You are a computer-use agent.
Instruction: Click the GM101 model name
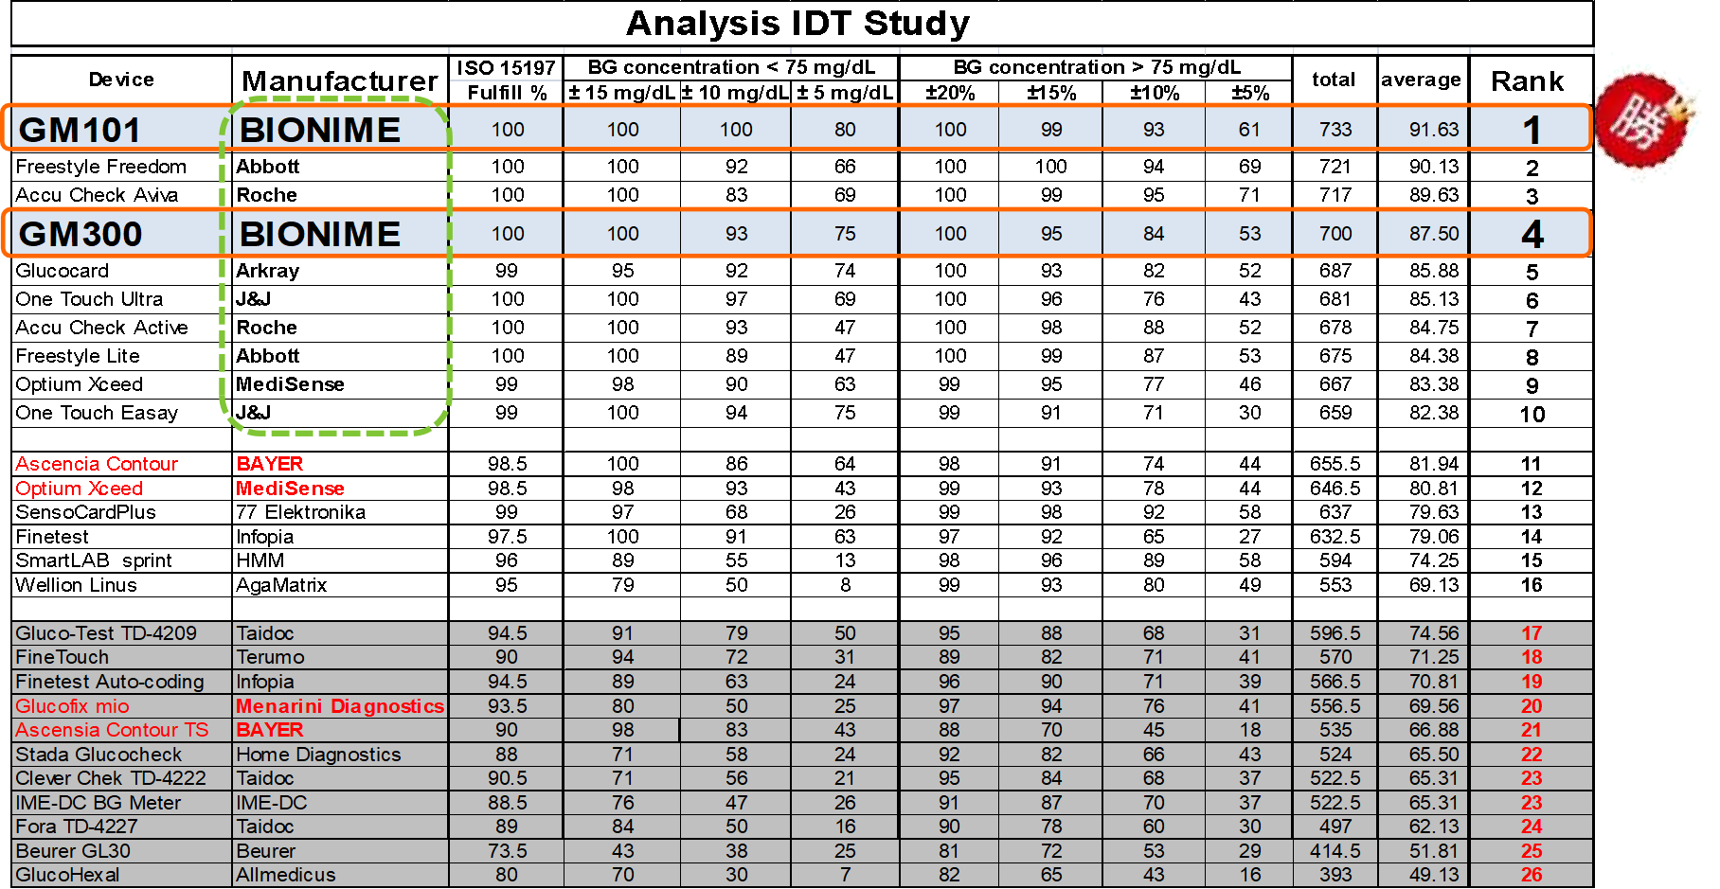(x=81, y=130)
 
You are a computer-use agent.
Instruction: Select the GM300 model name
(x=81, y=234)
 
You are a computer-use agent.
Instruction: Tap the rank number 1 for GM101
(x=1532, y=130)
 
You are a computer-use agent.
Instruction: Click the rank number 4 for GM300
(x=1532, y=234)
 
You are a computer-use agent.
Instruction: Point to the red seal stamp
(x=1646, y=121)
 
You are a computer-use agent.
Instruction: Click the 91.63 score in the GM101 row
(x=1433, y=130)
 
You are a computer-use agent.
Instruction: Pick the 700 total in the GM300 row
(x=1335, y=234)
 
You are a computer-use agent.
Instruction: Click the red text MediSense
(x=290, y=489)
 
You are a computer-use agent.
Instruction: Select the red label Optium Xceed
(x=80, y=489)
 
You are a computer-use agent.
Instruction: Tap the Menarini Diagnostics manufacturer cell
(x=340, y=706)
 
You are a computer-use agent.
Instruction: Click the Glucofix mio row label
(x=72, y=706)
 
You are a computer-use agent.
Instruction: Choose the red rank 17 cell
(x=1532, y=633)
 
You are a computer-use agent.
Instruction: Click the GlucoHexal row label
(x=67, y=875)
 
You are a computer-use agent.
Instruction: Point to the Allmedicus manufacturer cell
(x=286, y=875)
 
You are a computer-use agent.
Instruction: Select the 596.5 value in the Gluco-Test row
(x=1335, y=633)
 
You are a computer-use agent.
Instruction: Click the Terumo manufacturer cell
(x=270, y=657)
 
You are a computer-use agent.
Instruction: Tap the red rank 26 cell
(x=1532, y=875)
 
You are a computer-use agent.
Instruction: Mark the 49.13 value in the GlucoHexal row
(x=1433, y=875)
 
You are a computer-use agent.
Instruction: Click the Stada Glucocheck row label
(x=99, y=755)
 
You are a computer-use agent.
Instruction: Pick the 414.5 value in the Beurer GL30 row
(x=1335, y=851)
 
